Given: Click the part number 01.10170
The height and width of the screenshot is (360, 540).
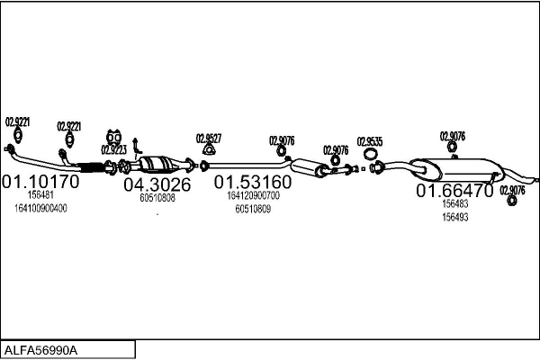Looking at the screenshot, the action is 40,182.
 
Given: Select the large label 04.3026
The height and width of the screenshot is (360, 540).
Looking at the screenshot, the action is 157,184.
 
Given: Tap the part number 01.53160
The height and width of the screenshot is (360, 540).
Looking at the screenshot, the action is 253,182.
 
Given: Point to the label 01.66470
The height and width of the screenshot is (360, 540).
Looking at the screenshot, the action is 454,191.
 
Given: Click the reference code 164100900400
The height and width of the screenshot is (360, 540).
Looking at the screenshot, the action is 40,209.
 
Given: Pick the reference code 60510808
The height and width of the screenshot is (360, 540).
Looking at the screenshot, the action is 157,198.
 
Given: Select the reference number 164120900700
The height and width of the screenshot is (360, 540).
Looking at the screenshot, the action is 253,195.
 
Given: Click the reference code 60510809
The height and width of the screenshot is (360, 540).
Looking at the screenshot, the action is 253,209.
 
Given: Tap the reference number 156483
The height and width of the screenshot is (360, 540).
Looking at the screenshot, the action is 455,204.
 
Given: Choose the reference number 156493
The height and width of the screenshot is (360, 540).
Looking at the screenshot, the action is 455,218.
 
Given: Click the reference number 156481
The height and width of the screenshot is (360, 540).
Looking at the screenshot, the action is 40,195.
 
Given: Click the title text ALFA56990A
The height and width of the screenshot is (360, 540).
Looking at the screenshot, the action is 40,350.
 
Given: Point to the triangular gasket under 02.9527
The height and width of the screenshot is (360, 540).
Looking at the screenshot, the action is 208,151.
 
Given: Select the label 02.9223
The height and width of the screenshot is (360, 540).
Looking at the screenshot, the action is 113,150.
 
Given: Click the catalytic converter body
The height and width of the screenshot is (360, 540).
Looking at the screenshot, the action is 157,164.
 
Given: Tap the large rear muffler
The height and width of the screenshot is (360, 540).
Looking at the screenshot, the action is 456,169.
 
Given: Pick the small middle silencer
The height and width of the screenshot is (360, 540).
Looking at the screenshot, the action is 309,167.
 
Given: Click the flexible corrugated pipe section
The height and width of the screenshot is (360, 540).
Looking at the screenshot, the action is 91,167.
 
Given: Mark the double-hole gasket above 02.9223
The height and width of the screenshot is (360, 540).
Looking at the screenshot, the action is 113,138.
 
